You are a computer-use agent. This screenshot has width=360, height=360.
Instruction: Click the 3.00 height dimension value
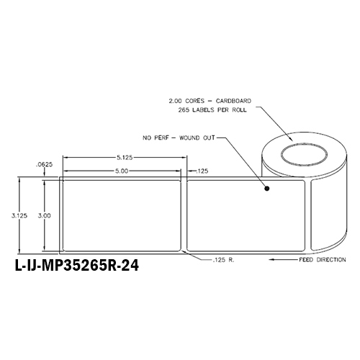coord(45,215)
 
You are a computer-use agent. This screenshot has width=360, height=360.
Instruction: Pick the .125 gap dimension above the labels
coord(204,170)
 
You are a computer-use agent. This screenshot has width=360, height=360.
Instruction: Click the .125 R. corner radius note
coord(223,258)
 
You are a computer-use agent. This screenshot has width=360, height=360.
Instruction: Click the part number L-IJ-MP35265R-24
coord(76,265)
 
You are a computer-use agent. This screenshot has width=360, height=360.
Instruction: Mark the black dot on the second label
coord(268,190)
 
